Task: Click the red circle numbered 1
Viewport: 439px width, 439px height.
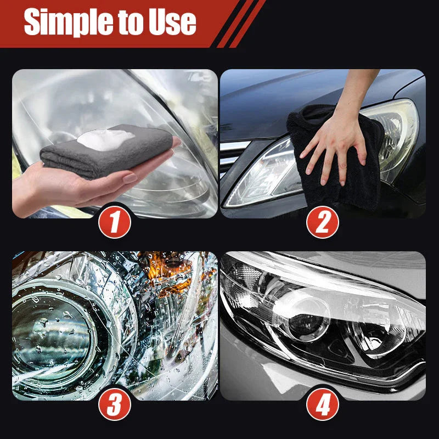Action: click(115, 223)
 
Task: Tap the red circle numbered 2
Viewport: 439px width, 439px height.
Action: click(323, 223)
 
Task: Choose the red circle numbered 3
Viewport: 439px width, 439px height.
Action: click(115, 406)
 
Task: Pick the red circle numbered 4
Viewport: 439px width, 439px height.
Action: click(323, 406)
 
